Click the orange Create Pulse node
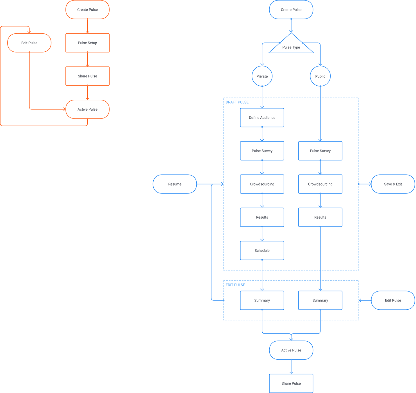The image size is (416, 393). point(87,10)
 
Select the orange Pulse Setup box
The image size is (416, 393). point(87,43)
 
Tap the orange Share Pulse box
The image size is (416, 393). point(87,76)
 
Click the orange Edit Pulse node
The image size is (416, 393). point(29,43)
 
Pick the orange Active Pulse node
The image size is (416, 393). point(87,109)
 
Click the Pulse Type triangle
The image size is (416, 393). point(291,46)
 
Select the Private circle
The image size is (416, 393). point(262,76)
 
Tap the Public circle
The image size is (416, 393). point(320,76)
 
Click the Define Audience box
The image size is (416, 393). point(262,118)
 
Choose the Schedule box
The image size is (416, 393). point(262,250)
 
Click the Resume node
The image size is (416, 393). point(175,184)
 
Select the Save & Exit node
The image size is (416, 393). point(393,184)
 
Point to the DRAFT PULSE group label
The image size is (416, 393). point(237,102)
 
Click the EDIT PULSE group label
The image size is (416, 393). point(235,285)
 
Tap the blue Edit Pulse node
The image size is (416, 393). point(393,300)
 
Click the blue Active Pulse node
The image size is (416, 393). point(291,350)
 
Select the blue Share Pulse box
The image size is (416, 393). point(291,383)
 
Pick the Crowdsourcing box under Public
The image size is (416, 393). point(320,184)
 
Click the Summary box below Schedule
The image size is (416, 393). point(262,300)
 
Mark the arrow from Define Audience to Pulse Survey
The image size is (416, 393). point(262,134)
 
